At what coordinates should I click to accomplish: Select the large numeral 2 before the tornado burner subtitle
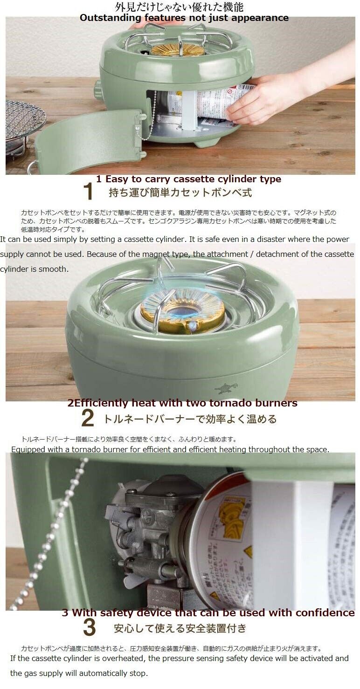coord(87,418)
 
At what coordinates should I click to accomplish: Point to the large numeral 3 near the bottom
coord(89,628)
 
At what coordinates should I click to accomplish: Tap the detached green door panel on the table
coord(89,140)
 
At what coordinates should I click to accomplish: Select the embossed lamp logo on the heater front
coord(226,388)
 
